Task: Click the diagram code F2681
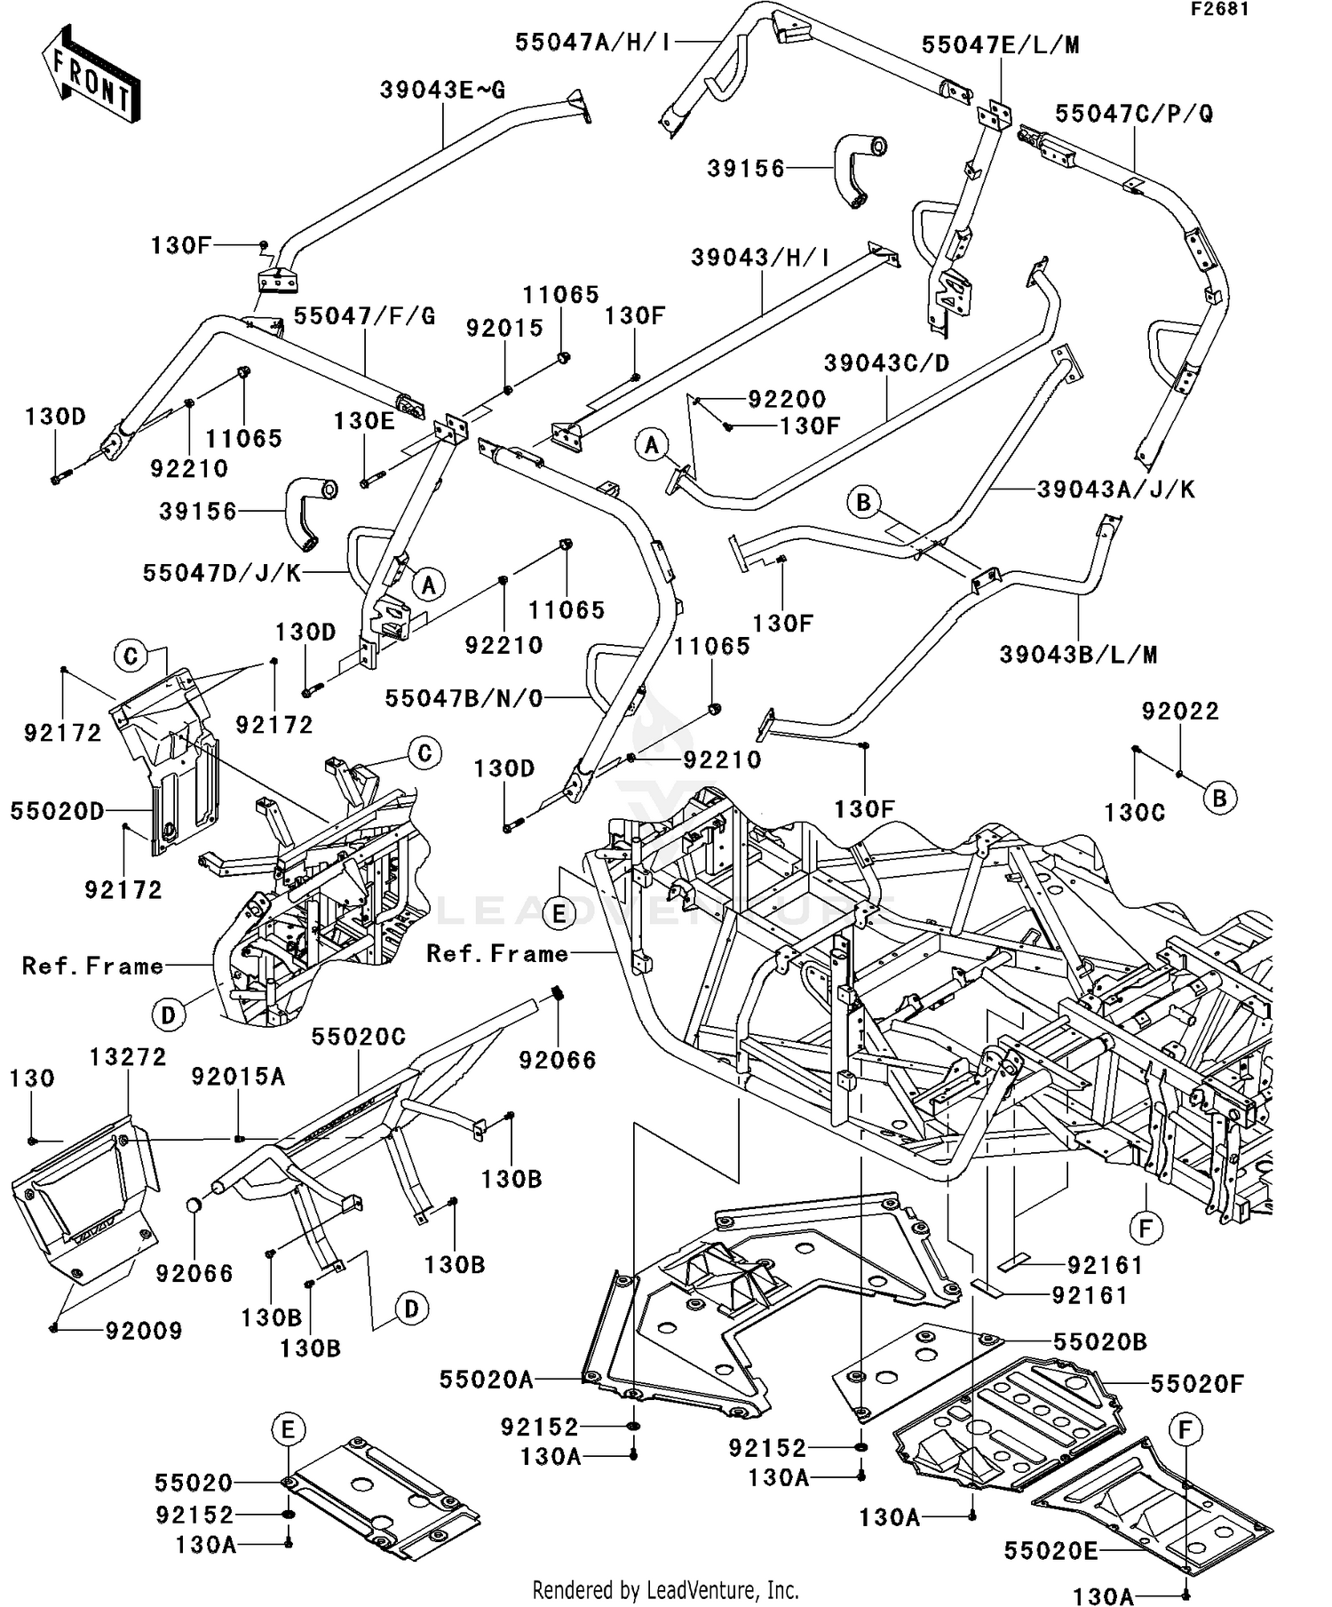(1219, 10)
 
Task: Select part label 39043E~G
(442, 91)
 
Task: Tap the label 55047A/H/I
(593, 43)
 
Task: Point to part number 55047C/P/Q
(1134, 114)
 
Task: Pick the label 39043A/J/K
(1116, 489)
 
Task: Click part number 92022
(1180, 712)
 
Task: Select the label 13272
(128, 1057)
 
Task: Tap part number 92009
(144, 1331)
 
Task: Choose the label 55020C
(359, 1037)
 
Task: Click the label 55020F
(1197, 1384)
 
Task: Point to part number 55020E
(1051, 1551)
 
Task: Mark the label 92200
(787, 400)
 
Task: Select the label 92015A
(238, 1078)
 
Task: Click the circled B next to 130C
(1219, 798)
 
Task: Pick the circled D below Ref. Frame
(168, 1014)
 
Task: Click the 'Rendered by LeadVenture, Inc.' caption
(665, 1589)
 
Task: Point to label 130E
(364, 421)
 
